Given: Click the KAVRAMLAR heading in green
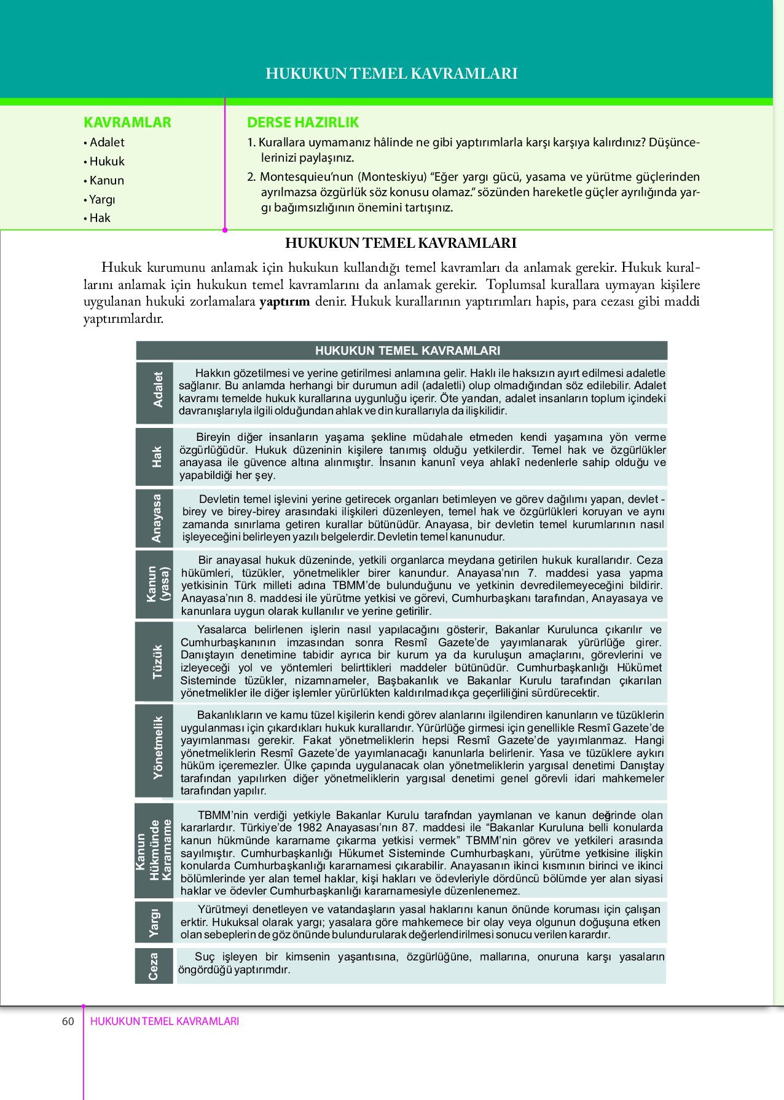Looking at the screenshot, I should [x=127, y=122].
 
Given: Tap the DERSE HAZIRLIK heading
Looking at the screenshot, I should [x=302, y=122].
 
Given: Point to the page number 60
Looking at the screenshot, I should [x=68, y=1021].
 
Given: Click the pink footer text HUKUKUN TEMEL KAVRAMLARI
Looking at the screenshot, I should [x=165, y=1021].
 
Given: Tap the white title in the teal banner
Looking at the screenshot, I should [x=391, y=74].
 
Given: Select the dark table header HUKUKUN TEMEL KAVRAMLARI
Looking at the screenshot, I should [x=407, y=350].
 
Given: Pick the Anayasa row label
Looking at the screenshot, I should [x=156, y=518].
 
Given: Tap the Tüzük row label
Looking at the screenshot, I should [x=157, y=662].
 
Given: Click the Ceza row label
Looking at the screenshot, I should [x=154, y=966].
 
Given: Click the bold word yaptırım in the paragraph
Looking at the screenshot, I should [x=284, y=301].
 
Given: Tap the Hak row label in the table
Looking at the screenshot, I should [x=157, y=457].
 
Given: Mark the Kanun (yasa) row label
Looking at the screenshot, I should [x=157, y=584].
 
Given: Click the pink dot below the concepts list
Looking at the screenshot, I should [x=225, y=230].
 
